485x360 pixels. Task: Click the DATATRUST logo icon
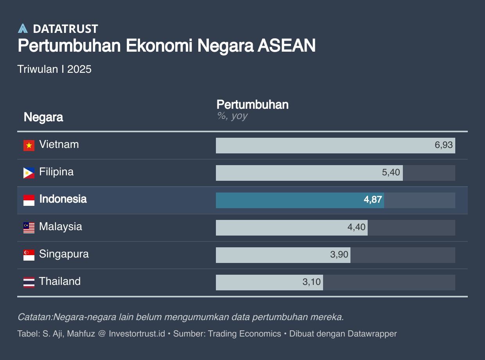(x=23, y=29)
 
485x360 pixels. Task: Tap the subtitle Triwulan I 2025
(x=54, y=69)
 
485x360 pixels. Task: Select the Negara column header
(x=43, y=117)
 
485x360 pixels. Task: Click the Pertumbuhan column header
(x=252, y=104)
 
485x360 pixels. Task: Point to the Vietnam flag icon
(x=29, y=145)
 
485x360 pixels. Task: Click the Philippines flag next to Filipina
(x=29, y=173)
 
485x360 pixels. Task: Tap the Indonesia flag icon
(x=29, y=200)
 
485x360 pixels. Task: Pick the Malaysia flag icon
(x=29, y=227)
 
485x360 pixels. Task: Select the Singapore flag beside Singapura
(x=29, y=255)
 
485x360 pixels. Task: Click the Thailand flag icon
(x=29, y=282)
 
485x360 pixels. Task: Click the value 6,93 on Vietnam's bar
(x=444, y=145)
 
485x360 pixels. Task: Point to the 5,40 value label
(x=391, y=173)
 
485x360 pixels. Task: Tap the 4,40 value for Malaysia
(x=356, y=227)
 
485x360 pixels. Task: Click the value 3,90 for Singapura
(x=339, y=255)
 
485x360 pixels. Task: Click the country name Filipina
(x=56, y=172)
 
